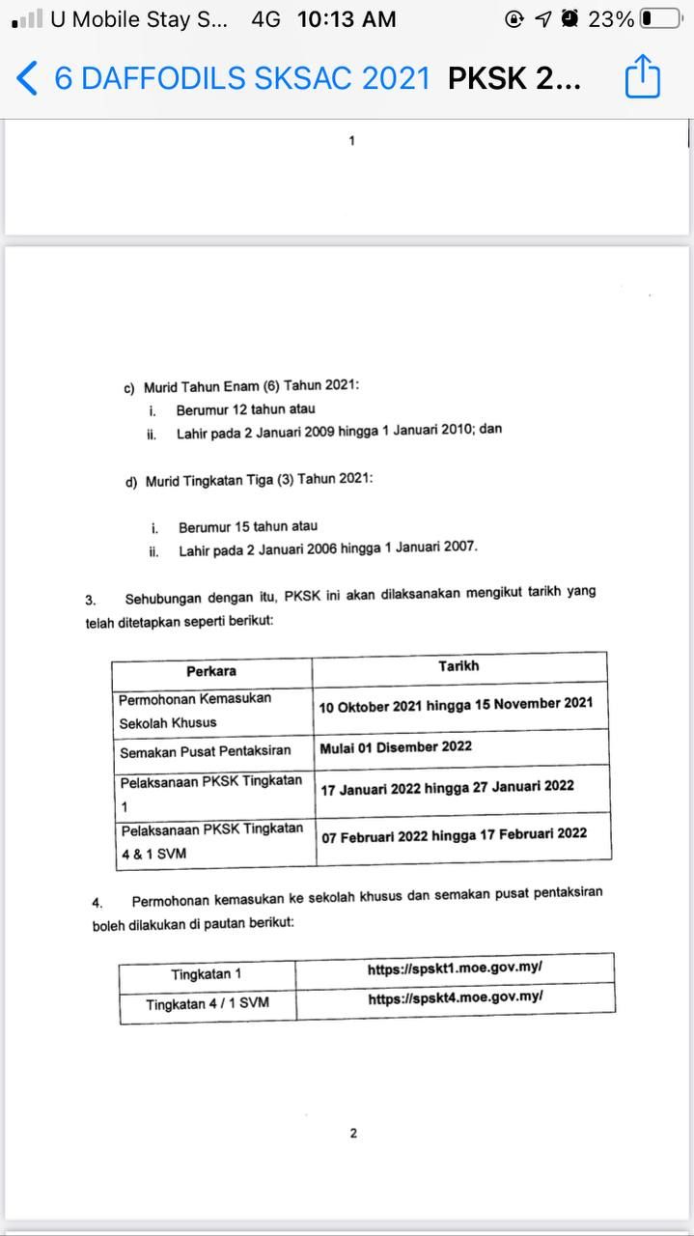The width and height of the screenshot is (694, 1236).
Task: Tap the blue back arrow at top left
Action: (27, 78)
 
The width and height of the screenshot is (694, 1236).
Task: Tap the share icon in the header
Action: (642, 76)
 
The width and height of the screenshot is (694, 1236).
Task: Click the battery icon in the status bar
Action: (659, 18)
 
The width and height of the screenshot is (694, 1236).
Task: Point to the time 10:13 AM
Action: (347, 18)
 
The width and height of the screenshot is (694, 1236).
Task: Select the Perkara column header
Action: (211, 671)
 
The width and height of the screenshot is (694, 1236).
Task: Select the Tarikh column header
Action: (458, 666)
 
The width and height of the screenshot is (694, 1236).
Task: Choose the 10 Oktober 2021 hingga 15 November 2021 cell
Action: (456, 705)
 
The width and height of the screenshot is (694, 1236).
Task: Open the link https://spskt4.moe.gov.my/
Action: (455, 999)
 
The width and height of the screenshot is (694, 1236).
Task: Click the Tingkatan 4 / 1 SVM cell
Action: (208, 1004)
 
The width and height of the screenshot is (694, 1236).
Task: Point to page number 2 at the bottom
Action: (353, 1133)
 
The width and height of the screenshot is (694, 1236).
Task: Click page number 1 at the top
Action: (352, 141)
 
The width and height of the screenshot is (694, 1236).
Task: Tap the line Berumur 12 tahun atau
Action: (245, 409)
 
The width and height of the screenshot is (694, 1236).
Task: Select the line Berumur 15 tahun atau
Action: (247, 527)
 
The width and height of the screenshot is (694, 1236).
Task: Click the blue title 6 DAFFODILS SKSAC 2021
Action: (242, 78)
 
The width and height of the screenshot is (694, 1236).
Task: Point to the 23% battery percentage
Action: (611, 18)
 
